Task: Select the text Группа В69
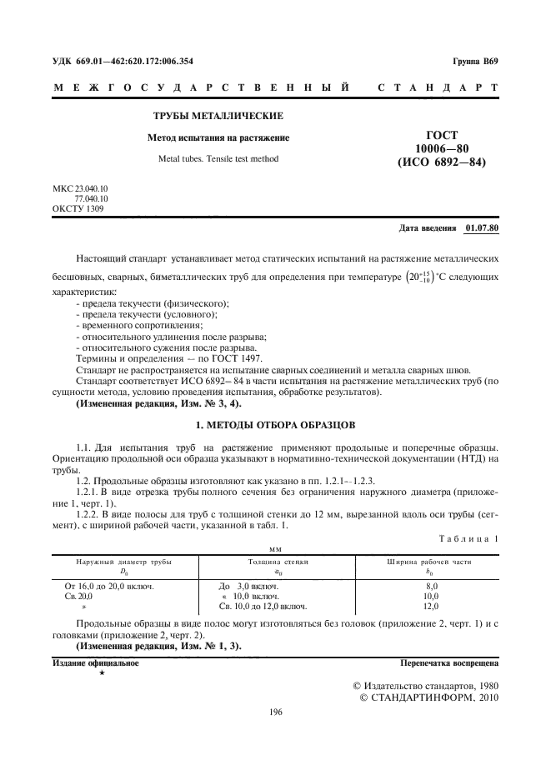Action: [x=475, y=61]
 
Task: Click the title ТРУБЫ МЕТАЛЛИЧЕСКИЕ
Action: [x=218, y=115]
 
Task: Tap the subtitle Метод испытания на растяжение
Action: [x=218, y=137]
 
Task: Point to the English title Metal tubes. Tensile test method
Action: [x=218, y=158]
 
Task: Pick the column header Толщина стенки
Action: [x=278, y=562]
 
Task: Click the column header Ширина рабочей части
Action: [x=430, y=562]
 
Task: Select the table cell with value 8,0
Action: [x=430, y=587]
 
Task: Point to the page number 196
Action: [x=275, y=712]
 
